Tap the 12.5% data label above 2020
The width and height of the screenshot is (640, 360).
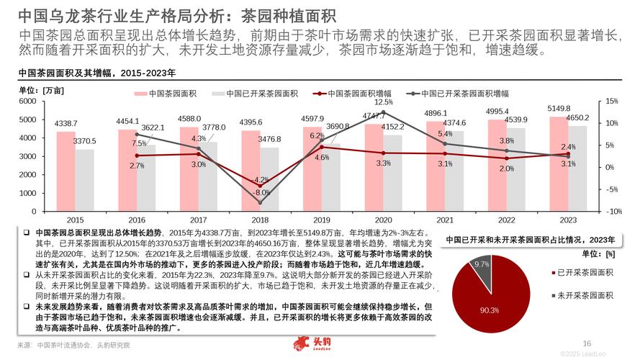click(x=384, y=102)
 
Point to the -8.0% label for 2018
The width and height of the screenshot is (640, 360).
click(x=262, y=193)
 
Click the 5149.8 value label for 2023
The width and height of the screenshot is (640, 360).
click(x=559, y=109)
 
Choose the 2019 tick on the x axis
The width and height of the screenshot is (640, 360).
click(x=322, y=219)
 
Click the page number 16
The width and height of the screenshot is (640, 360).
click(x=587, y=343)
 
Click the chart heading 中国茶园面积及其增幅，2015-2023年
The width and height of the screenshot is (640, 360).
click(x=96, y=73)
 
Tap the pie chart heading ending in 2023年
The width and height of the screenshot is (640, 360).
click(x=530, y=239)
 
